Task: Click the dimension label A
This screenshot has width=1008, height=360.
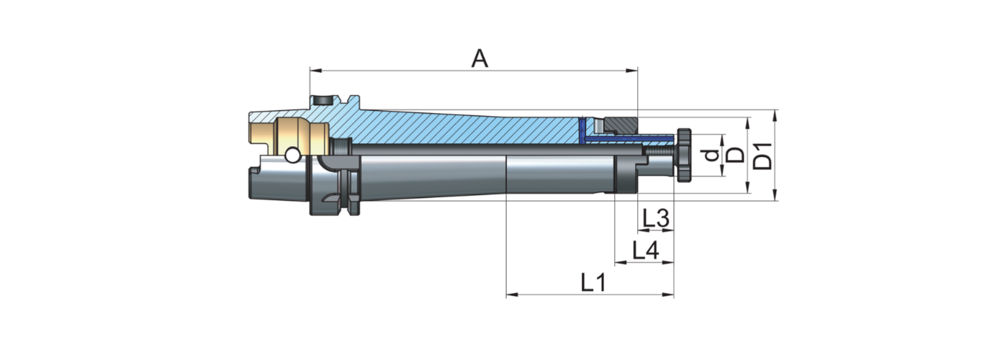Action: tap(480, 58)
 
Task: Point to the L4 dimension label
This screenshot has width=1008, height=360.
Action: tap(645, 251)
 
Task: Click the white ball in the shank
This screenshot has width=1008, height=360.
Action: tap(292, 156)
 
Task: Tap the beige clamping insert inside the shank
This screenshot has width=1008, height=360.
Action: tap(288, 135)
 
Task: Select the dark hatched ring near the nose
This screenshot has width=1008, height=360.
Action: tap(621, 124)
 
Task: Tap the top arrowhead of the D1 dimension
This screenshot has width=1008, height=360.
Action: tap(775, 114)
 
